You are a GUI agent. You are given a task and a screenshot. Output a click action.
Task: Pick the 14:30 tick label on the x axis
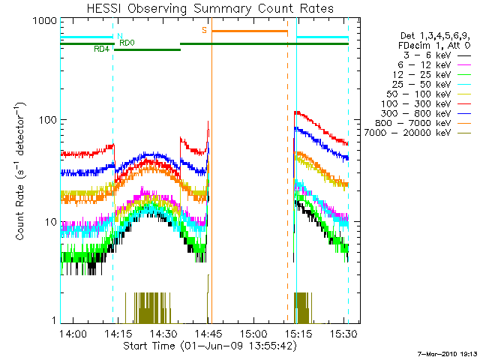tap(163, 333)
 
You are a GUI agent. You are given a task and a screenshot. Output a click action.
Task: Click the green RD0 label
tap(127, 43)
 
